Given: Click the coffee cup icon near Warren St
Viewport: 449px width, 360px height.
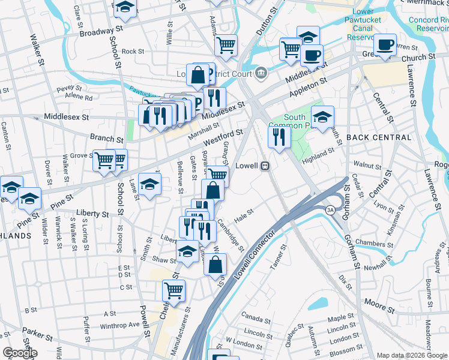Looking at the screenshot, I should click(385, 44).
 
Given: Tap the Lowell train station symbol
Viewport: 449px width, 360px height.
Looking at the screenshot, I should click(264, 166).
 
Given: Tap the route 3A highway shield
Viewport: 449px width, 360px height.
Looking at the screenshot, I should click(330, 209).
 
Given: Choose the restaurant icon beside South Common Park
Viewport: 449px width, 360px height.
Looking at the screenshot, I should click(279, 137).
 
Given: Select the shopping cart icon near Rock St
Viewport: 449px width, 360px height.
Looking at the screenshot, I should click(226, 45).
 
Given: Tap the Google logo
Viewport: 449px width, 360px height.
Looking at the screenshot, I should click(20, 353).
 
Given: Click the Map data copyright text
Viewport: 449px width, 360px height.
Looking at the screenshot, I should click(412, 355).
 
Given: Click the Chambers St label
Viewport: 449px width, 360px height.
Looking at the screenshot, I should click(374, 242).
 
